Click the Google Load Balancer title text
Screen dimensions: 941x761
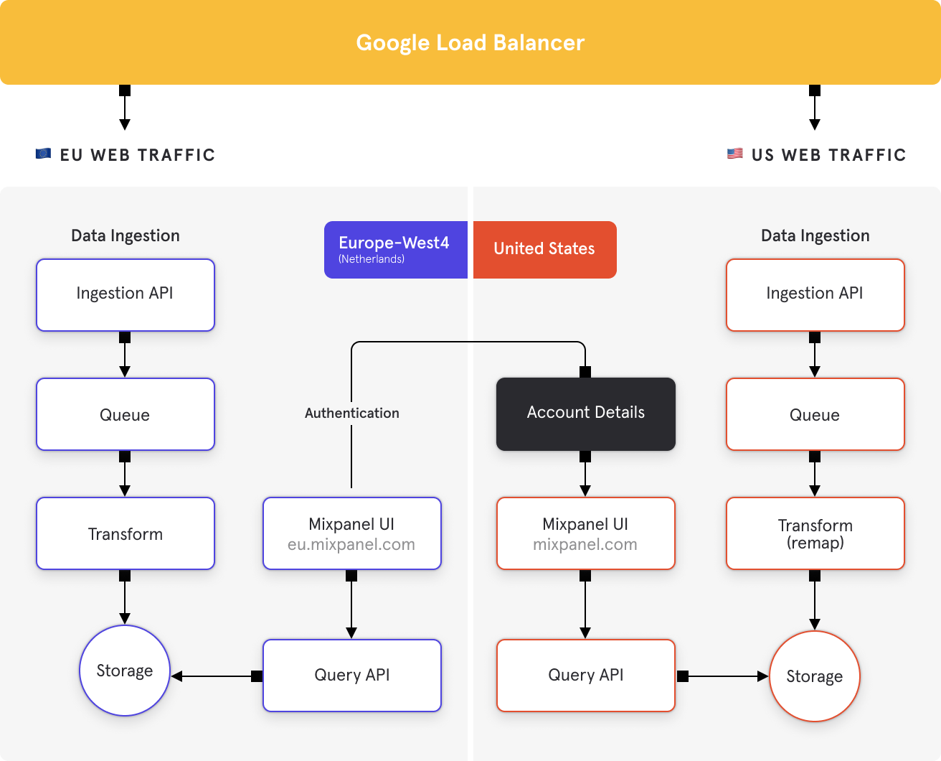tap(470, 43)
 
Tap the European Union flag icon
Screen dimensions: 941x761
tap(43, 154)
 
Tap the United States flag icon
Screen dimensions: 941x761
tap(734, 154)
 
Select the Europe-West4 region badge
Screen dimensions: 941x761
tap(396, 249)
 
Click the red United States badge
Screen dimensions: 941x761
tap(544, 249)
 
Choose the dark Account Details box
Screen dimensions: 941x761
tap(586, 414)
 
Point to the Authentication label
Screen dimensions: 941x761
tap(352, 413)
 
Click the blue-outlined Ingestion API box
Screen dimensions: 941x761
tap(126, 295)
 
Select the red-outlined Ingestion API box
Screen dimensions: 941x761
tap(815, 295)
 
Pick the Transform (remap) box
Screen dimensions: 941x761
tap(815, 533)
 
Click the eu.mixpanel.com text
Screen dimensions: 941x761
tap(351, 544)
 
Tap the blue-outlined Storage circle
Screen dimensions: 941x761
tap(125, 671)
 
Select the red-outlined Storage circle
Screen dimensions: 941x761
tap(815, 676)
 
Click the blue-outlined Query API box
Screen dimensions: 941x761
tap(352, 676)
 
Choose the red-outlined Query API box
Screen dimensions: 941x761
tap(586, 676)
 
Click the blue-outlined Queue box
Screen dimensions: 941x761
tap(126, 414)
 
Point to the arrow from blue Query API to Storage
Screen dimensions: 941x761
tap(217, 676)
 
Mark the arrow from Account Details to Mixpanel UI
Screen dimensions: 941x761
tap(585, 474)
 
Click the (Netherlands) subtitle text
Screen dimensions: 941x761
tap(372, 259)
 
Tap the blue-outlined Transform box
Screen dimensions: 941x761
tap(126, 533)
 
